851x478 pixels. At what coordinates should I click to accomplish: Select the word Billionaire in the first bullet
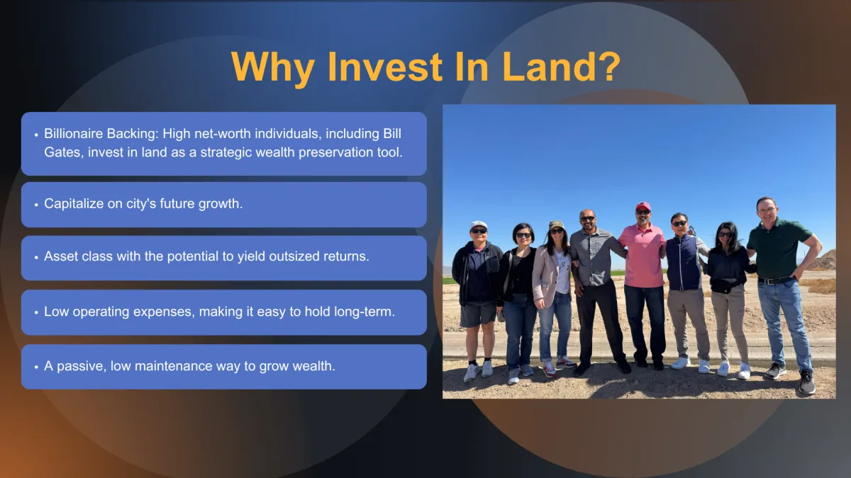(73, 134)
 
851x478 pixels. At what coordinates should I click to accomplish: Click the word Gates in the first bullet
(62, 152)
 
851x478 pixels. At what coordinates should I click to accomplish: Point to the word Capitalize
(74, 204)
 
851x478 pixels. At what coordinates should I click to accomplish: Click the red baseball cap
(643, 207)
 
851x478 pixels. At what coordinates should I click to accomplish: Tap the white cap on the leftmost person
(478, 225)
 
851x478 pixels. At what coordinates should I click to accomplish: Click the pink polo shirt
(642, 256)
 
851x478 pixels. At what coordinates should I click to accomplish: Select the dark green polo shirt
(777, 247)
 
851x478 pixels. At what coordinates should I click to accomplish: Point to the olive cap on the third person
(556, 225)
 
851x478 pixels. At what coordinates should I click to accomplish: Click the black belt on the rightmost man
(775, 280)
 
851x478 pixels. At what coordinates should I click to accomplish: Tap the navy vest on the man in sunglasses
(683, 263)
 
